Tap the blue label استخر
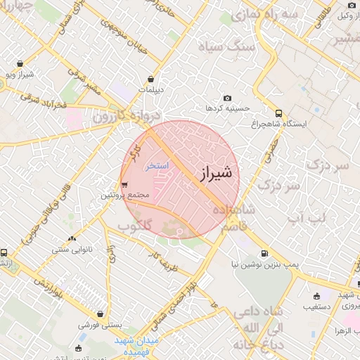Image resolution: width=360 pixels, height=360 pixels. (x=156, y=167)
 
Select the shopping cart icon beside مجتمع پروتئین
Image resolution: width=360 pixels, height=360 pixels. (x=124, y=185)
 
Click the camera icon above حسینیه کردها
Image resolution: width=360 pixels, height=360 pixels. (x=227, y=98)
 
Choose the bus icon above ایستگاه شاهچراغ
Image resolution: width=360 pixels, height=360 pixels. (x=279, y=112)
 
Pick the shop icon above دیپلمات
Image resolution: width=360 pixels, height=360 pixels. (x=151, y=79)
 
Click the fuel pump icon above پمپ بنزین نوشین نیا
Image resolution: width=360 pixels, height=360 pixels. (x=264, y=254)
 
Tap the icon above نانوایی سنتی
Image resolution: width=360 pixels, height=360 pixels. (x=71, y=238)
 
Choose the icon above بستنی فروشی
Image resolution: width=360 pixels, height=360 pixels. (x=102, y=314)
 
